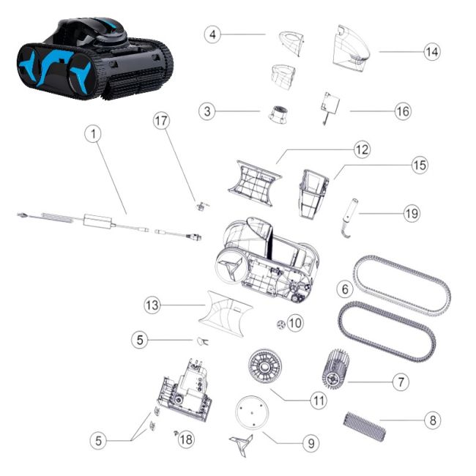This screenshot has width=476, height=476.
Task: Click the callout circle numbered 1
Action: [93, 133]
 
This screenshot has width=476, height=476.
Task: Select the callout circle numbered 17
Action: [162, 121]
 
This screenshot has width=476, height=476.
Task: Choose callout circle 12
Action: [361, 149]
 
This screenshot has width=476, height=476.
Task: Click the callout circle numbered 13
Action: [151, 303]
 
